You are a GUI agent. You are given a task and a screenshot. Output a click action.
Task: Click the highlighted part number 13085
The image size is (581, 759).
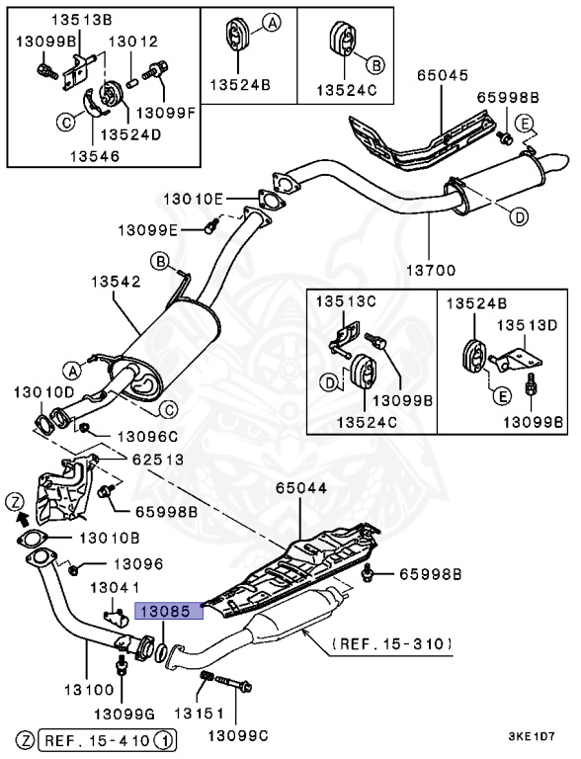click(x=169, y=612)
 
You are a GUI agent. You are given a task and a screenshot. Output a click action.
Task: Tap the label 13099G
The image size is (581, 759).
click(x=125, y=712)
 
